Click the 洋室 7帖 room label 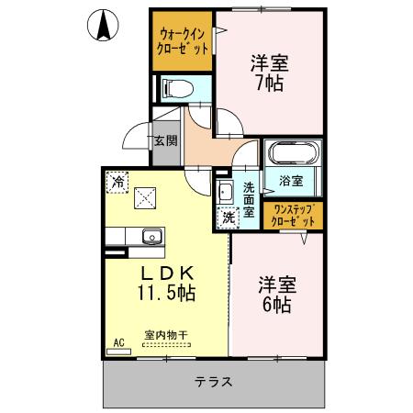coord(269,73)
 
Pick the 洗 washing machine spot coord(226,218)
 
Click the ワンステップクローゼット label coord(293,216)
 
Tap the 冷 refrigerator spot coord(117,182)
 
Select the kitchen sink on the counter coord(150,240)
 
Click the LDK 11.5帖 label coord(166,283)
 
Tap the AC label coord(117,342)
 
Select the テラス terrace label coord(212,381)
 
